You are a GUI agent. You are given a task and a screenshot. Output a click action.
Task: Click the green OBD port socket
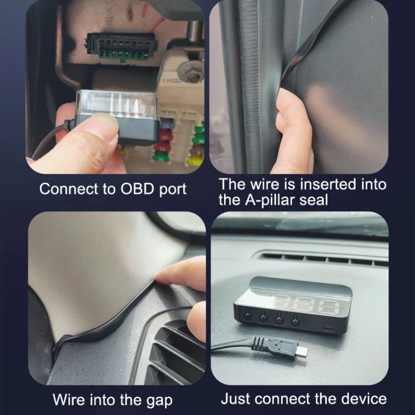point(121,48)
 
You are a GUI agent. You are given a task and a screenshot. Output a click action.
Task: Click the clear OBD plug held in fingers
point(118,116)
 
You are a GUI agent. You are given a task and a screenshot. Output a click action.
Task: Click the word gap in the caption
point(159,401)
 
